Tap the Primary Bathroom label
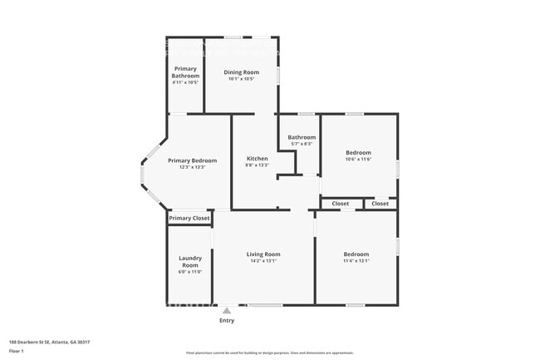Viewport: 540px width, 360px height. click(185, 72)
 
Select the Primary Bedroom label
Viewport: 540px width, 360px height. click(192, 160)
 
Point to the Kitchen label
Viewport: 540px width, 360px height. click(258, 158)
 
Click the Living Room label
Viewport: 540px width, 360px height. click(263, 254)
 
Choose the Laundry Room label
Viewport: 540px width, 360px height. click(189, 262)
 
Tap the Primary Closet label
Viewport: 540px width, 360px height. click(189, 219)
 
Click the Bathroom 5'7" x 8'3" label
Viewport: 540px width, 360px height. click(302, 137)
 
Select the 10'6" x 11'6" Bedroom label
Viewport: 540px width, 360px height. click(358, 153)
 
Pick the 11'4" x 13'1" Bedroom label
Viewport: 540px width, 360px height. click(356, 254)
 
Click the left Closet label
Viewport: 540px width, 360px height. click(341, 204)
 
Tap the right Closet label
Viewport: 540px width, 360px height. click(380, 204)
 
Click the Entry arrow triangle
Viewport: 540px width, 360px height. click(226, 310)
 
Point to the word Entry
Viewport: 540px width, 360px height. click(226, 320)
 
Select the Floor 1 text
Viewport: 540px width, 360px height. click(17, 352)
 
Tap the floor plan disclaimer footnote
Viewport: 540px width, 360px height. click(269, 353)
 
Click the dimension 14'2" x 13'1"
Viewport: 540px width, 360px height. click(263, 261)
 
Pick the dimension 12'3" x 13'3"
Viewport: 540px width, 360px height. click(192, 167)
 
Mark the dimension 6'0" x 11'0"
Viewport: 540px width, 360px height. click(189, 272)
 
